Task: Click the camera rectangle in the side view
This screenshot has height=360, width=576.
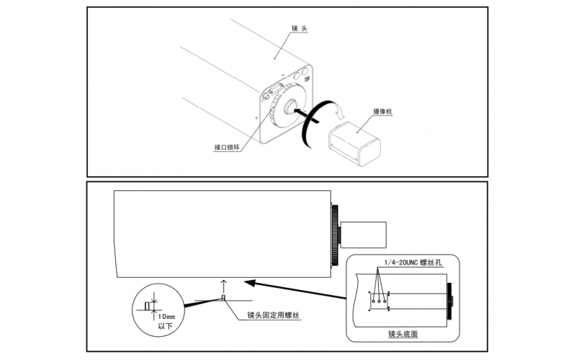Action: pos(364,235)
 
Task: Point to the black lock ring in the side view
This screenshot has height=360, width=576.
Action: pos(336,235)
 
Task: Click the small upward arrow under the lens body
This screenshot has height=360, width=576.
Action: pos(223,284)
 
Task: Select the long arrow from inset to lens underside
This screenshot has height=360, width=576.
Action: pos(295,289)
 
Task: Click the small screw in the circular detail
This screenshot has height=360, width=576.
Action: pos(148,306)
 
